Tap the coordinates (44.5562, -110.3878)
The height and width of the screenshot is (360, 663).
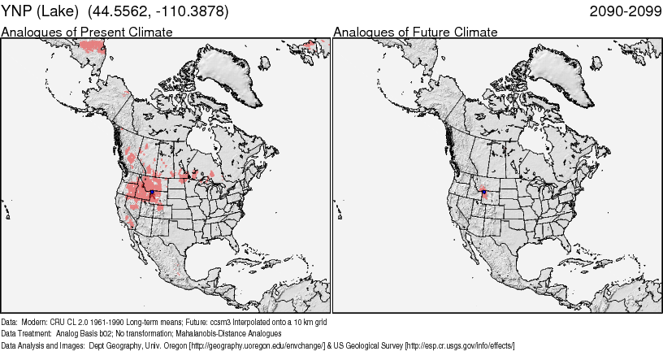[x=158, y=11]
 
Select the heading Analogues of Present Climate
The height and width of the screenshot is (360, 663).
[x=87, y=32]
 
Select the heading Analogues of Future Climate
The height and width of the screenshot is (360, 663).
[x=415, y=32]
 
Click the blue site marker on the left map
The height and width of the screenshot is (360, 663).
[x=151, y=193]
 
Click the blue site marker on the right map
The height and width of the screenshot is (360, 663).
[x=483, y=193]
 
